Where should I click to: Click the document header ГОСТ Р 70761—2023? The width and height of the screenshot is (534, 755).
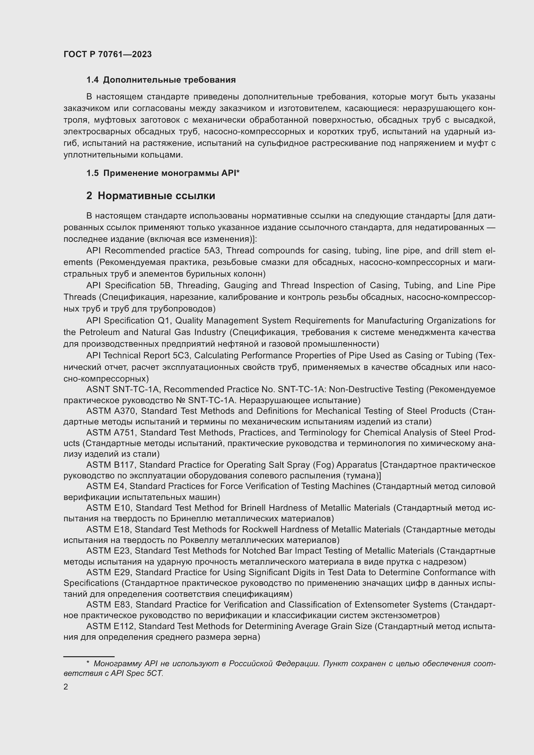108,54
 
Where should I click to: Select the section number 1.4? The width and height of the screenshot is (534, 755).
92,80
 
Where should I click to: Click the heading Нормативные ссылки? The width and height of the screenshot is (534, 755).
156,196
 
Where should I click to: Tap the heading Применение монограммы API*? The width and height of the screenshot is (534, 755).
171,173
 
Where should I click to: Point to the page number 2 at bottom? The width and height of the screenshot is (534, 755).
66,687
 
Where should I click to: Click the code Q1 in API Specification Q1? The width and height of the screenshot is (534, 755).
161,320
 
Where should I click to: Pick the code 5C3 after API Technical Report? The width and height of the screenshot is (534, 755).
181,355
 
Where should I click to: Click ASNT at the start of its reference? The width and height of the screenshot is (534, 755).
98,389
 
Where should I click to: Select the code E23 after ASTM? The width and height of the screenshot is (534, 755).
122,551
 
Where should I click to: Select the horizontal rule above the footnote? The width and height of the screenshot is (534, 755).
89,657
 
